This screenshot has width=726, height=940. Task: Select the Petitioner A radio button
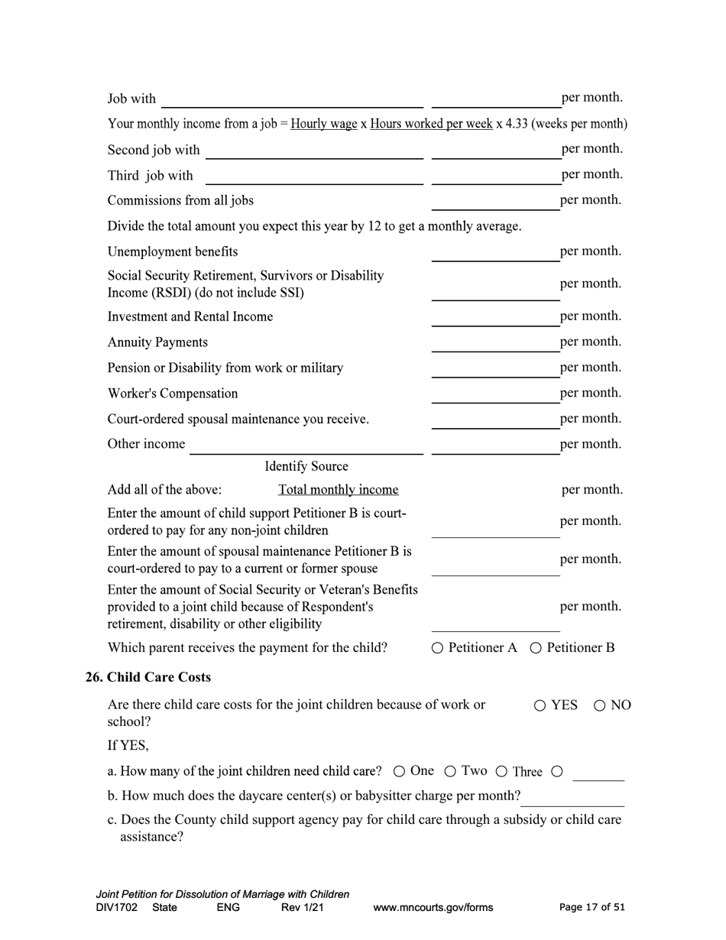point(437,648)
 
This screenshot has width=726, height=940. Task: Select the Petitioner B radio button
point(536,648)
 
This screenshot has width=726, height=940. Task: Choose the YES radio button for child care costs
point(540,705)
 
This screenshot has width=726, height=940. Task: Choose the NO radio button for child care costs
point(600,705)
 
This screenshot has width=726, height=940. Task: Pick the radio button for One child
point(400,771)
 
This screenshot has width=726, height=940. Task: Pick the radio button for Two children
point(450,771)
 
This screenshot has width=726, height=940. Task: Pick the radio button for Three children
point(502,771)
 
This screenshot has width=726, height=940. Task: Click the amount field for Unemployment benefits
point(495,253)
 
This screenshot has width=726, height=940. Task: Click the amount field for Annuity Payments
point(495,343)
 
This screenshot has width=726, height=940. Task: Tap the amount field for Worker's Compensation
point(495,394)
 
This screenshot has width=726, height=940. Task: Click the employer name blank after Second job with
point(314,151)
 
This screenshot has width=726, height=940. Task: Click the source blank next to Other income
point(306,446)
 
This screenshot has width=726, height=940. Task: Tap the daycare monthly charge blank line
point(572,798)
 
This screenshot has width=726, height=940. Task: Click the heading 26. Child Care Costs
point(148,677)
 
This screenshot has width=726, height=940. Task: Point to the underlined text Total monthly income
point(338,490)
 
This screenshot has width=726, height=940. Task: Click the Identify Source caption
point(306,467)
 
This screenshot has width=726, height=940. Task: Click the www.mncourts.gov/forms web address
point(433,908)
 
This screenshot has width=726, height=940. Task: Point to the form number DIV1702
point(117,908)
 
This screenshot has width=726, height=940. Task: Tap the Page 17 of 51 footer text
point(591,908)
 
